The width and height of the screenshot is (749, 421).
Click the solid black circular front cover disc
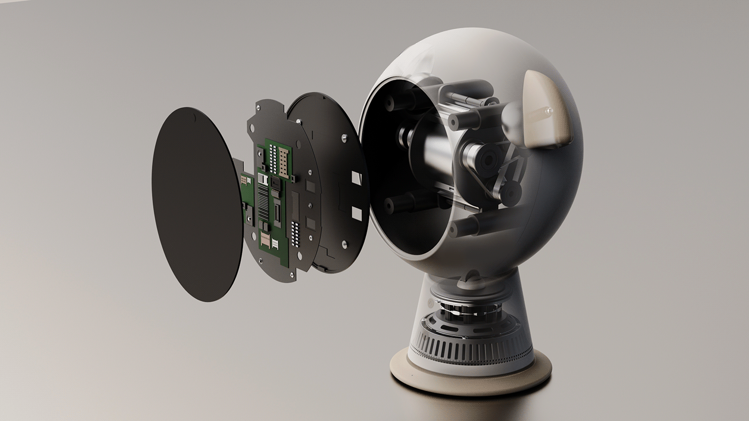(x=195, y=203)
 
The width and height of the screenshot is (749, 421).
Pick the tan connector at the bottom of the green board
(x=265, y=239)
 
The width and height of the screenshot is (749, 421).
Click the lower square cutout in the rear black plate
(x=356, y=214)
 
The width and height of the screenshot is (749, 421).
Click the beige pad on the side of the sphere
(x=545, y=109)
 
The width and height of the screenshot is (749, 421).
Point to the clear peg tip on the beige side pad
(x=547, y=111)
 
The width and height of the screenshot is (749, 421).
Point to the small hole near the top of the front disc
(x=194, y=114)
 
